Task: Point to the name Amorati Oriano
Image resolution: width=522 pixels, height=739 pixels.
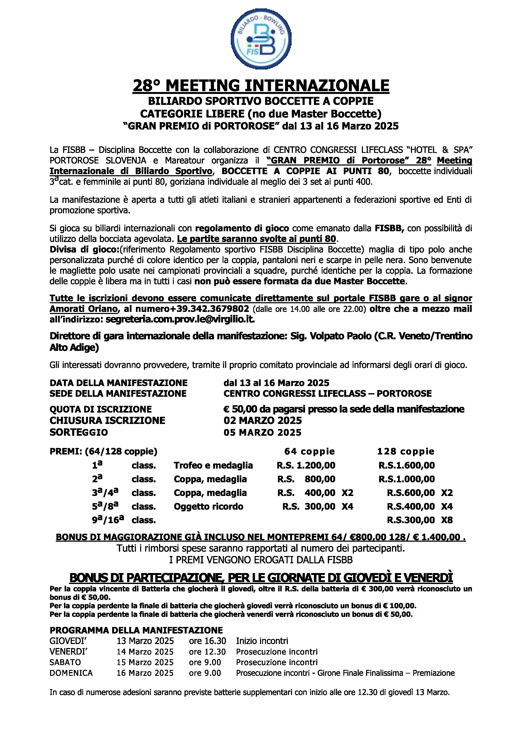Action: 83,309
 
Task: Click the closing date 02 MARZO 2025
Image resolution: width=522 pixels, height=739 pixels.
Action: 262,420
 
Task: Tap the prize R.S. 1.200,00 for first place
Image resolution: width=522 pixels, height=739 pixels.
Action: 306,465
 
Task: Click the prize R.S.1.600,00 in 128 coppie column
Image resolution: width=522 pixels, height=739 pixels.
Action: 406,465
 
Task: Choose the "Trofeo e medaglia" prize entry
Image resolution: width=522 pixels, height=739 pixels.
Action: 213,465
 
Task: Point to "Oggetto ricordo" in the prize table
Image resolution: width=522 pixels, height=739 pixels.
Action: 209,507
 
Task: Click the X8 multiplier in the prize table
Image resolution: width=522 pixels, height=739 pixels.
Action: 447,520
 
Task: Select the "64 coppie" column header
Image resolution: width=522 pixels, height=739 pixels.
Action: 309,452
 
